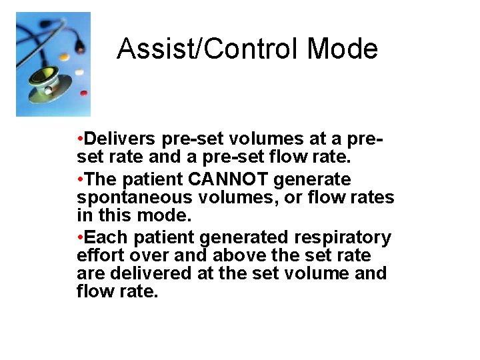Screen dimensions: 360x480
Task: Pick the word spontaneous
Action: click(x=133, y=198)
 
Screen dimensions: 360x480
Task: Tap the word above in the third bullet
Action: click(x=241, y=255)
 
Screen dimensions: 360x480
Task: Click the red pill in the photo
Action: click(x=83, y=93)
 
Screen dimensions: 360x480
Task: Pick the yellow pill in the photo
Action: click(x=64, y=57)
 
